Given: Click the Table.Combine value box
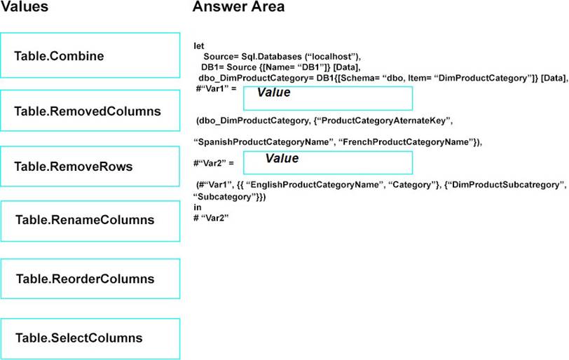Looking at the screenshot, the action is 90,55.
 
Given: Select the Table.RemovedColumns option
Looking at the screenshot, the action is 90,111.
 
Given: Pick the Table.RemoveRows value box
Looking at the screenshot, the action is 90,167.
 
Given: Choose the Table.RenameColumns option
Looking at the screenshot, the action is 90,221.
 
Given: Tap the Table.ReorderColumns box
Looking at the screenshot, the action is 90,279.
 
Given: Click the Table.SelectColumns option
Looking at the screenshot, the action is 90,338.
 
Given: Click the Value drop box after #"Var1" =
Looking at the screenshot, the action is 328,98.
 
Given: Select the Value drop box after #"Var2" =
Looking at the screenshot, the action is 328,162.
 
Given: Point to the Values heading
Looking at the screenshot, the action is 25,6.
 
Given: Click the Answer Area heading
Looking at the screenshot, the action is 238,6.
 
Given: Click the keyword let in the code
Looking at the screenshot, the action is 199,46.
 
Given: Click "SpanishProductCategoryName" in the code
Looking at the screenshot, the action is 263,141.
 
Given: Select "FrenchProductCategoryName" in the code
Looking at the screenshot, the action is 406,141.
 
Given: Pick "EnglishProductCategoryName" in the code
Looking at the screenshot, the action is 314,185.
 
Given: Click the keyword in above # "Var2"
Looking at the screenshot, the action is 198,207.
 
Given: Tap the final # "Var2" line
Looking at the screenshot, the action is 211,218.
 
